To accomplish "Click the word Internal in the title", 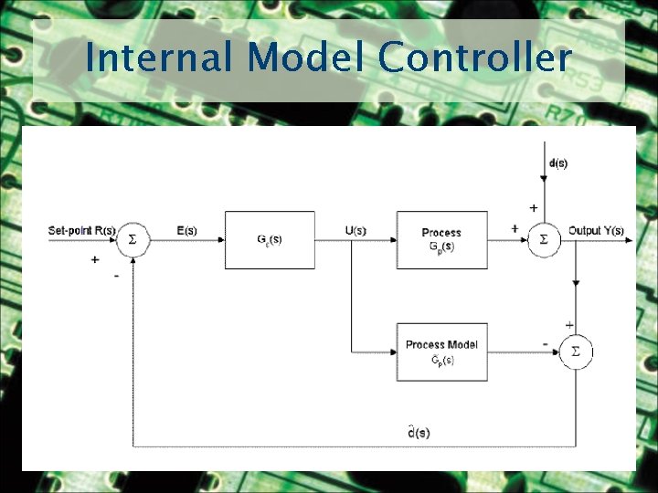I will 161,58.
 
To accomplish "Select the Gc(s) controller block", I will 270,240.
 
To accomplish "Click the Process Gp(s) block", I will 441,240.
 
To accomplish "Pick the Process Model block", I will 441,351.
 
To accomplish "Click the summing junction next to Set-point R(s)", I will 133,240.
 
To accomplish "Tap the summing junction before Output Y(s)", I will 544,240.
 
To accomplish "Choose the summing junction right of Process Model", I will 576,351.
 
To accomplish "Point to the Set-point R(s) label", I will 81,230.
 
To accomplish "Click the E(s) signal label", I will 186,230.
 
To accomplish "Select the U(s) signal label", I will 356,230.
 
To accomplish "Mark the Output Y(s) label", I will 596,230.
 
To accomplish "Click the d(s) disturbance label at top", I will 557,163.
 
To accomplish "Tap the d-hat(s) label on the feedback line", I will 419,431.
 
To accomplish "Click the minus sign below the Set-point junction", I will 116,275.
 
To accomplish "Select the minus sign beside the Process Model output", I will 546,344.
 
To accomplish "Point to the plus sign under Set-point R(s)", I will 94,259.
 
